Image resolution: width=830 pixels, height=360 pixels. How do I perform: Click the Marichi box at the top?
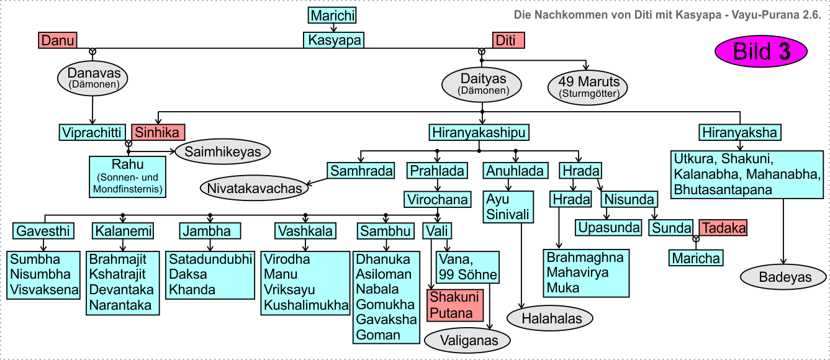point(333,16)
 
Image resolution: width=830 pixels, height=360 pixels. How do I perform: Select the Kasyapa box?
point(333,40)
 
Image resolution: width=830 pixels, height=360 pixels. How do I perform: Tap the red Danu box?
point(57,41)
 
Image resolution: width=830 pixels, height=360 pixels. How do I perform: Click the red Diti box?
point(508,41)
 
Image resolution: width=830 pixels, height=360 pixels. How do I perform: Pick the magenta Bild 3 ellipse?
point(762,52)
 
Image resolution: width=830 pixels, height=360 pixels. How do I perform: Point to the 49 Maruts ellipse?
point(588,87)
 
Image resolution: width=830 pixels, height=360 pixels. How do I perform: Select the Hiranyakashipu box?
point(479,132)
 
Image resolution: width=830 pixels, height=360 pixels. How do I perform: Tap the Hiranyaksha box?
point(739,132)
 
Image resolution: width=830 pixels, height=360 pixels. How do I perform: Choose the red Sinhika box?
point(158,132)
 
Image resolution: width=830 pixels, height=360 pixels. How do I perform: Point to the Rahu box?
point(128,177)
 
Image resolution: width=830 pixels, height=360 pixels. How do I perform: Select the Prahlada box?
point(437,171)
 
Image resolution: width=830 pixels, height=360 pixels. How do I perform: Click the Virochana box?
point(437,199)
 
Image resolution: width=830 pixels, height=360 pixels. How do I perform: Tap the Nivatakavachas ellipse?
point(254,188)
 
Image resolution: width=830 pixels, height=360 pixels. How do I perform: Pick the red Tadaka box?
point(723,228)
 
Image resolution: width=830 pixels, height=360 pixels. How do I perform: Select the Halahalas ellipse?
point(550,318)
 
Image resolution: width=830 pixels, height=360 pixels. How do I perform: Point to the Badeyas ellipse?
point(785,277)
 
